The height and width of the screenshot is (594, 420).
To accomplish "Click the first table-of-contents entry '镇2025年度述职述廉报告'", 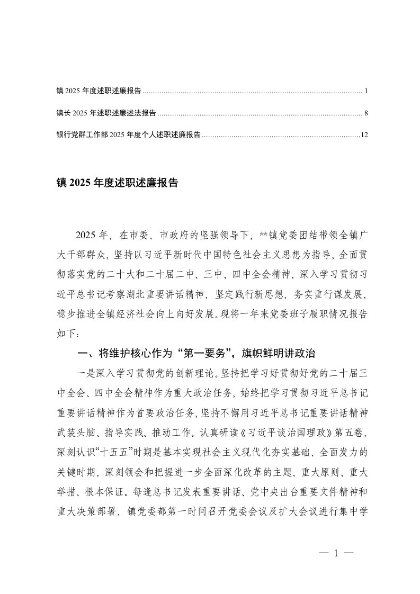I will coord(99,91).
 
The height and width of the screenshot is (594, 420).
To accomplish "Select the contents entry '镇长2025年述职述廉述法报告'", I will coord(106,113).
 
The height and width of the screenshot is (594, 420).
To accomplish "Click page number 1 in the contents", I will coord(366,91).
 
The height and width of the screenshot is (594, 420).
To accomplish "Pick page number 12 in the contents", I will coord(364,134).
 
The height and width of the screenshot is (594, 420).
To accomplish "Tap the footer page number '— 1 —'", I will coord(336,553).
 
